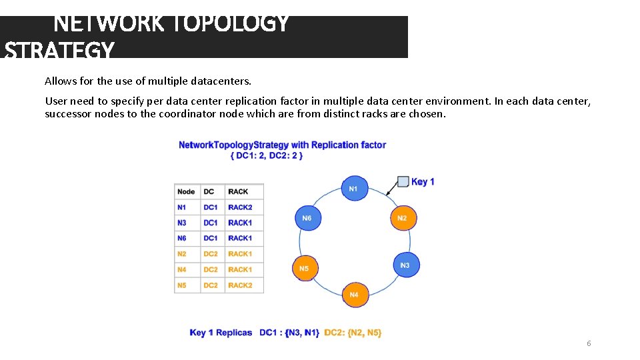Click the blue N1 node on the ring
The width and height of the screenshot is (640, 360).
(x=353, y=189)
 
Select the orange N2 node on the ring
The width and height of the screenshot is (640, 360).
(x=402, y=219)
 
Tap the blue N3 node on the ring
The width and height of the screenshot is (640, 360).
(x=405, y=265)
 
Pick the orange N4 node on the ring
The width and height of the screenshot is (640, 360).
(x=354, y=295)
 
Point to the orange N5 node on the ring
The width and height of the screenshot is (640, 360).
(x=304, y=269)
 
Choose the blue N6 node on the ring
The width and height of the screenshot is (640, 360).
(x=307, y=218)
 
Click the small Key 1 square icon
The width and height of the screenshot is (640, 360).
(x=403, y=181)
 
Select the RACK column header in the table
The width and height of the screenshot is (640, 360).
(x=238, y=191)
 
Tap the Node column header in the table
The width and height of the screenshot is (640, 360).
(x=186, y=191)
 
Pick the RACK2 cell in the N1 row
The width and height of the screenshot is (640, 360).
(x=240, y=207)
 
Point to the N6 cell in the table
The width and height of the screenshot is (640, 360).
(x=182, y=238)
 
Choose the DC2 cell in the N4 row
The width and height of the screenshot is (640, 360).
(x=211, y=269)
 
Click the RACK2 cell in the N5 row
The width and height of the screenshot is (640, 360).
(x=240, y=285)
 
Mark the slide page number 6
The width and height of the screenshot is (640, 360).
(x=589, y=343)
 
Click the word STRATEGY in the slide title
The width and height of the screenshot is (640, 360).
(x=60, y=50)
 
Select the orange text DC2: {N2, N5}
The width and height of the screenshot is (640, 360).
(x=353, y=333)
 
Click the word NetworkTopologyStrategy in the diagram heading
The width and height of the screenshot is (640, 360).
(x=233, y=145)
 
